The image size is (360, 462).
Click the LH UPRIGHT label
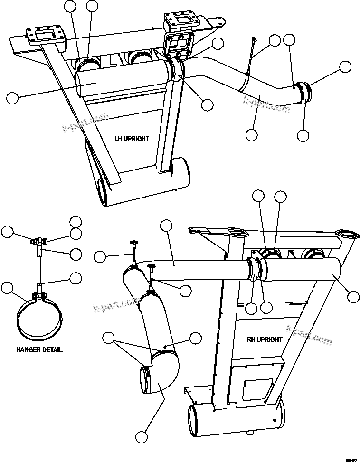(x=132, y=139)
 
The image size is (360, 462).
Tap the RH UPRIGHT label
(x=265, y=340)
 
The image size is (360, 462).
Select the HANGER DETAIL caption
(x=39, y=350)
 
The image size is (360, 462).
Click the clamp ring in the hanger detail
(x=38, y=318)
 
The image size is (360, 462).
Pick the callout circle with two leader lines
(x=109, y=338)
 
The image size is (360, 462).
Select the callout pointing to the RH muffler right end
(x=353, y=297)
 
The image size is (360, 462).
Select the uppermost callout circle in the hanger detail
(x=76, y=221)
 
